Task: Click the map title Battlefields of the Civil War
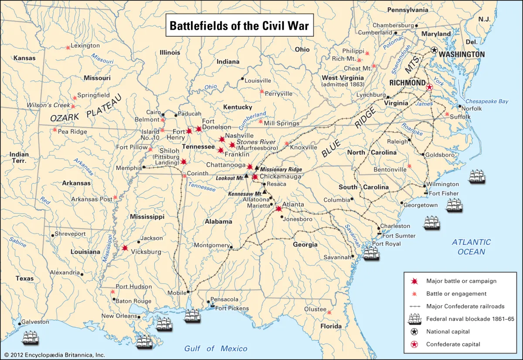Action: (239, 26)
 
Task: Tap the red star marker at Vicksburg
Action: (125, 248)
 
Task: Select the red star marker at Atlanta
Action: (279, 209)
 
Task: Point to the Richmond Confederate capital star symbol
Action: (429, 87)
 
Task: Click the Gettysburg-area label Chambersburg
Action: (393, 25)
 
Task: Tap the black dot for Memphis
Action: (143, 167)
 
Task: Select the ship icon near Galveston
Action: (31, 338)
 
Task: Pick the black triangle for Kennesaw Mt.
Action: (265, 191)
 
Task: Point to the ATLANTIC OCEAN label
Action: (471, 247)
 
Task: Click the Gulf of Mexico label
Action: (215, 348)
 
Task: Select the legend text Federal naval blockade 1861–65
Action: (470, 319)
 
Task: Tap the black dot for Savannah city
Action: (352, 256)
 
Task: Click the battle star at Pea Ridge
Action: (54, 129)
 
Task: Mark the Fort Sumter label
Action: (399, 236)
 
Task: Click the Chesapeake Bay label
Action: (487, 101)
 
